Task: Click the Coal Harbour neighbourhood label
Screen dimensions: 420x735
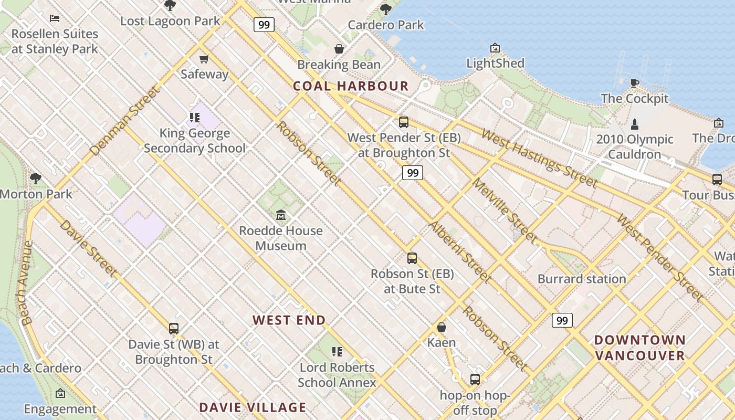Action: coord(350,86)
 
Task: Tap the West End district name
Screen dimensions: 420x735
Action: coord(289,320)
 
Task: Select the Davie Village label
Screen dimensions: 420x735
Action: coord(253,407)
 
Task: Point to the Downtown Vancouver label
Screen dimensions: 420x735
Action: coord(639,348)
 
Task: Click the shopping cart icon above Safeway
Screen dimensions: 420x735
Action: coord(204,59)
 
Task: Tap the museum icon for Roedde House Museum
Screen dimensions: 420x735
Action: coord(281,215)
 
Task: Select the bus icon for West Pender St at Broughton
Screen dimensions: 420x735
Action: coord(403,122)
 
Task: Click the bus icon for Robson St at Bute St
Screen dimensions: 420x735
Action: coord(412,258)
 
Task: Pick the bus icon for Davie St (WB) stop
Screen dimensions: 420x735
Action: coord(174,329)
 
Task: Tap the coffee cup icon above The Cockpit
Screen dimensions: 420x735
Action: coord(634,82)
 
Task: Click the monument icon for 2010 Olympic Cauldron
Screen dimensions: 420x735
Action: coord(635,124)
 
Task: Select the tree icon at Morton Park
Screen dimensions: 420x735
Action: coord(36,178)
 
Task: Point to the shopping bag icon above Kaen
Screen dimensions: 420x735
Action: coord(442,327)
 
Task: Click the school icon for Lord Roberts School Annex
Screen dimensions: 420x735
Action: coord(337,351)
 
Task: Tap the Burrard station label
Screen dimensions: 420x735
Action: coord(582,279)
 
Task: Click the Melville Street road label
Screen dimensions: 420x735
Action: coord(505,211)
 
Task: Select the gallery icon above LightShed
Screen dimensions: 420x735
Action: coord(495,48)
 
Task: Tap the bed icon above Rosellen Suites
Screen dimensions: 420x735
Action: coord(55,18)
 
